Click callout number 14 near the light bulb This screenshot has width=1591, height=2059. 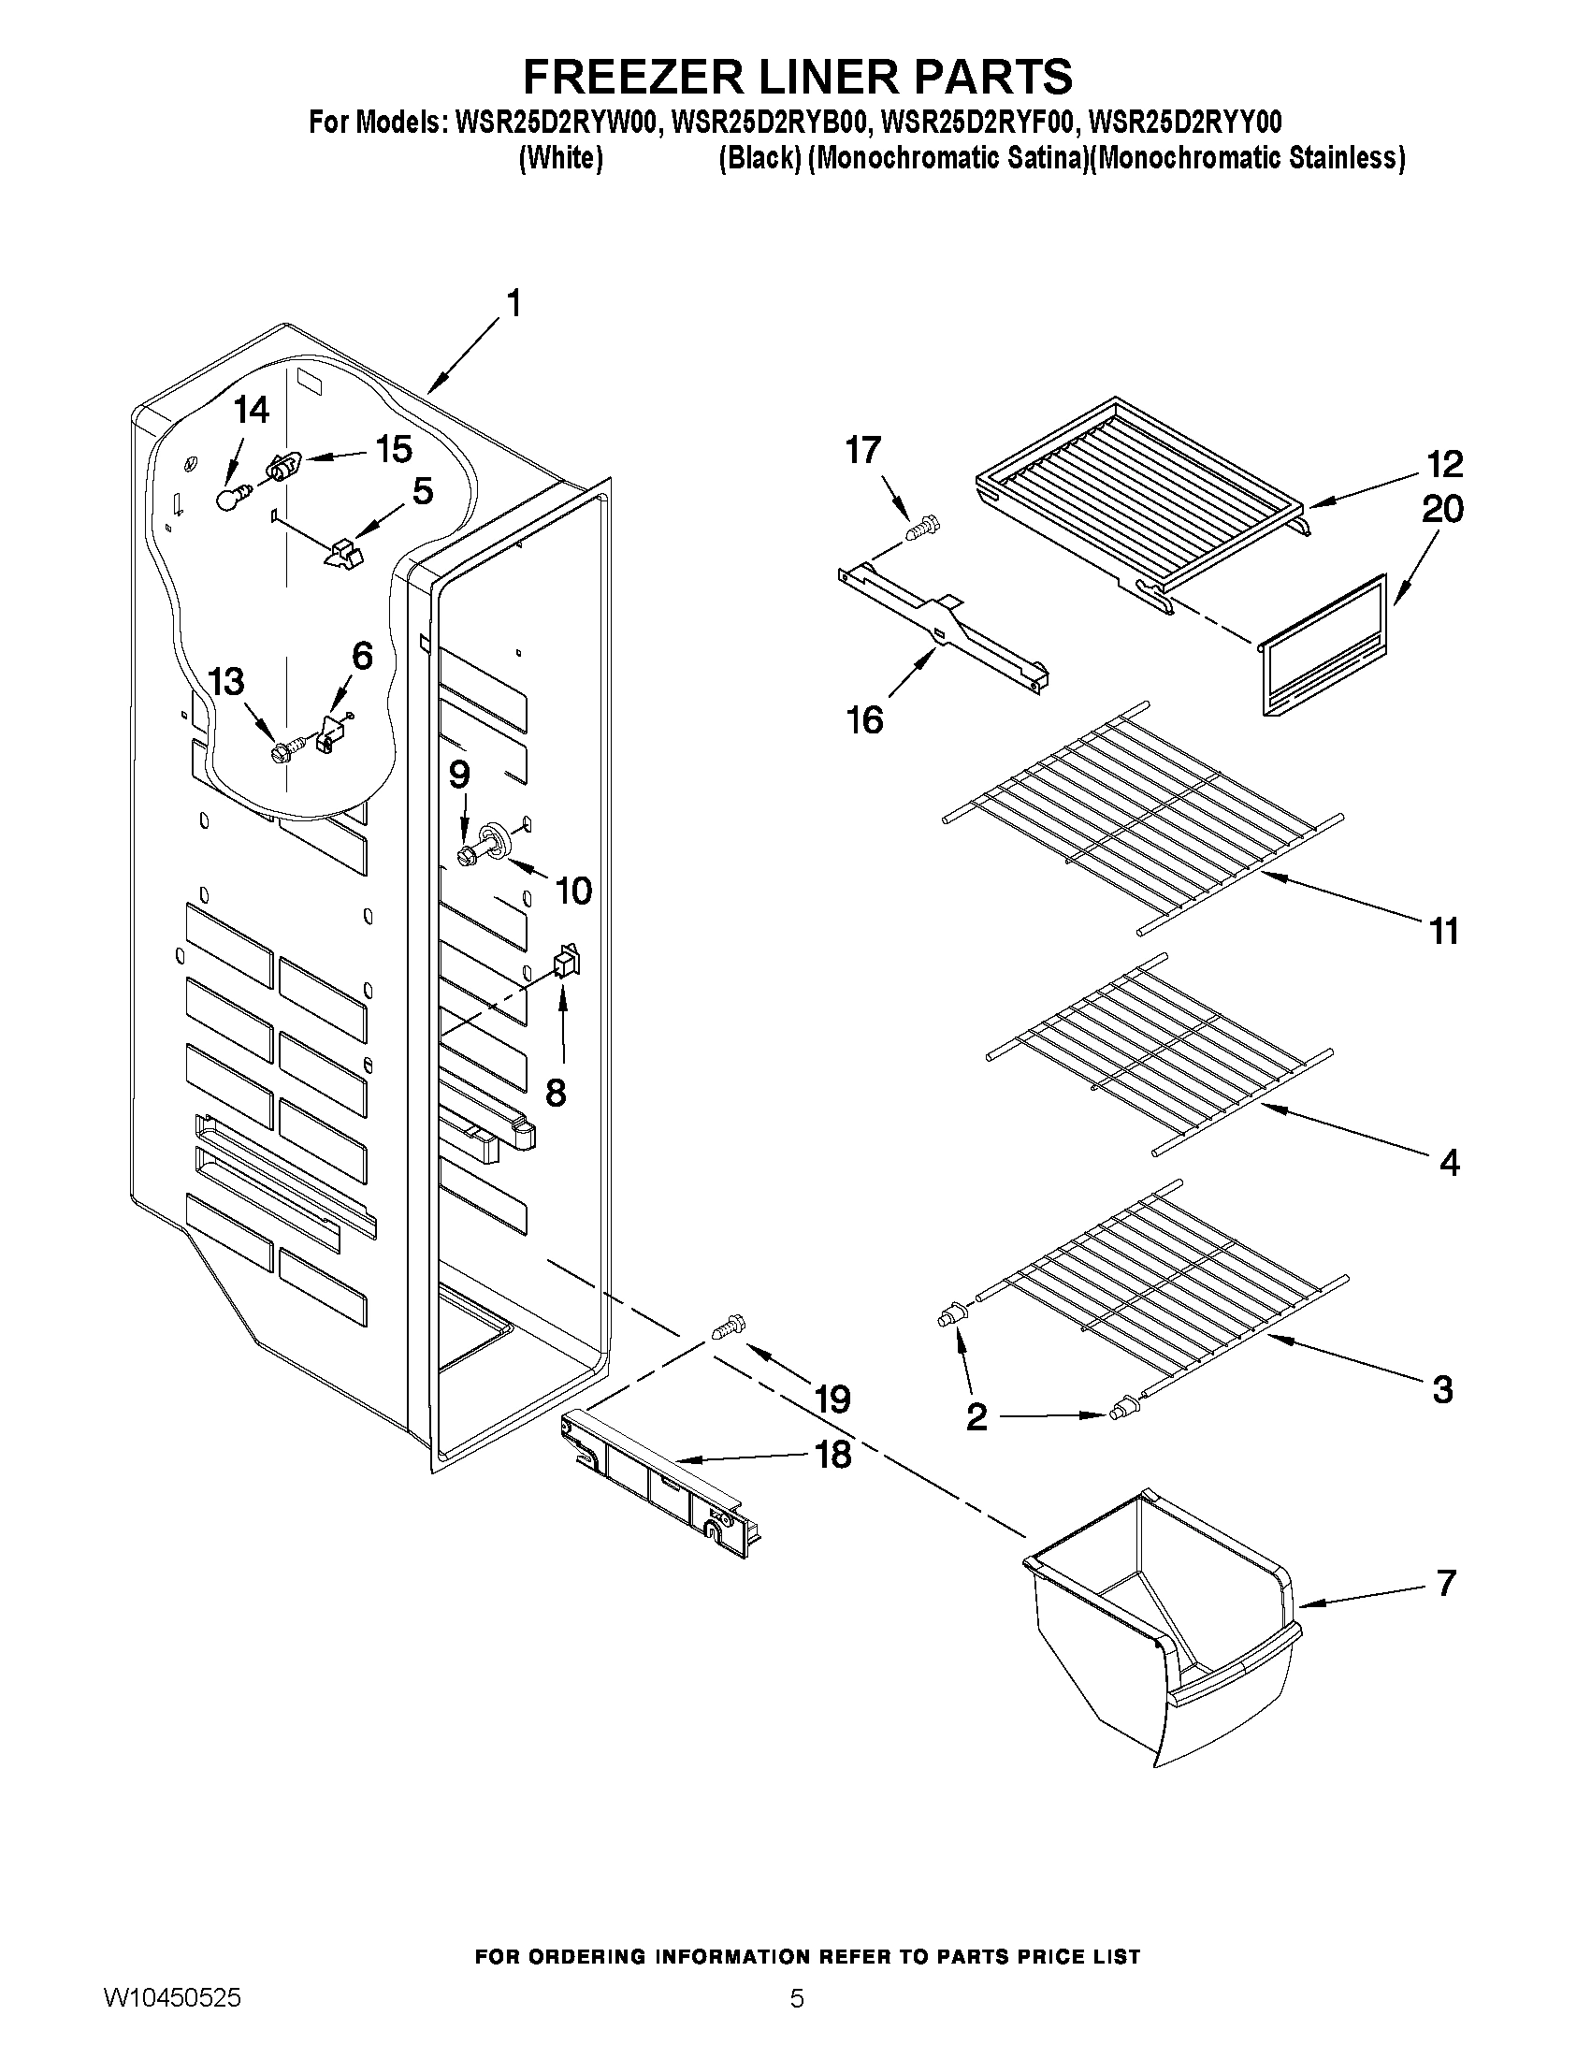(x=252, y=410)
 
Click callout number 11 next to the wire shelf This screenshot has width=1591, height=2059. (x=1444, y=932)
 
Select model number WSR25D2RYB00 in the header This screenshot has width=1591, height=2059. (x=765, y=123)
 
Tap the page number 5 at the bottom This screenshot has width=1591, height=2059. (x=797, y=2023)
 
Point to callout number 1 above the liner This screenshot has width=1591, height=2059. (x=513, y=304)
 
